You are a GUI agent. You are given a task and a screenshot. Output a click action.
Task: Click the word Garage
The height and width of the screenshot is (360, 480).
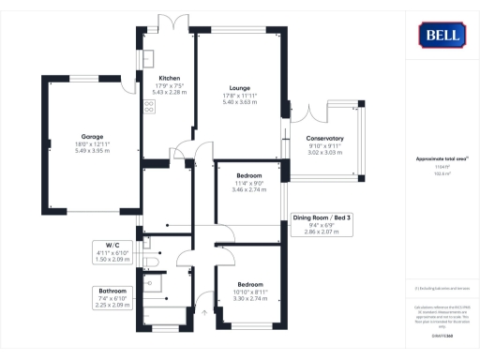click(92, 135)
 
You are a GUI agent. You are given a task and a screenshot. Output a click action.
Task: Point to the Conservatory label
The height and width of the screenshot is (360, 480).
click(325, 139)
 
